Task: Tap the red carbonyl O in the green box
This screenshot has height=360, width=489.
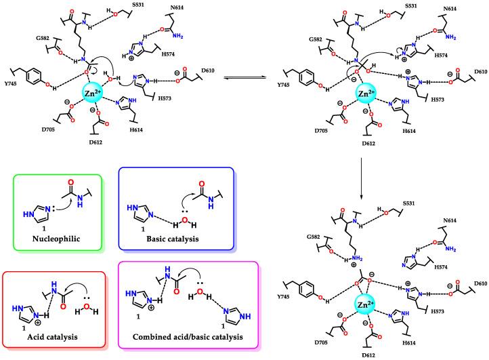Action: tap(69, 184)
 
